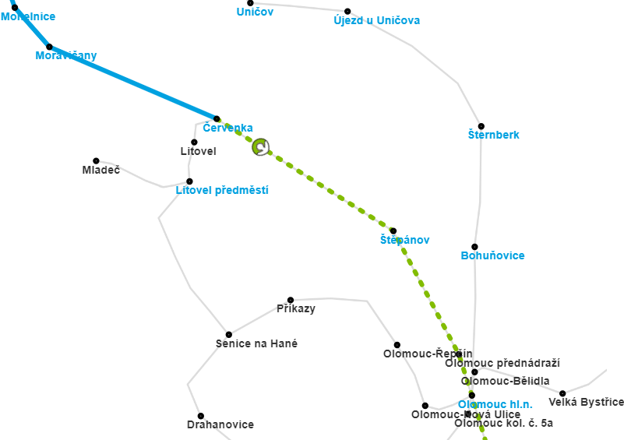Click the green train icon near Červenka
point(261,146)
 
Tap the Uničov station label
point(255,12)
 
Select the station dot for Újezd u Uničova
point(347,11)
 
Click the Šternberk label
point(493,135)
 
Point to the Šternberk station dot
point(481,126)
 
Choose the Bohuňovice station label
point(492,255)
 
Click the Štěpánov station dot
point(393,231)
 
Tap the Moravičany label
point(66,55)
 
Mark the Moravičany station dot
point(49,47)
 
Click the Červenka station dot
point(217,118)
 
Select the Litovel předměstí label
point(222,190)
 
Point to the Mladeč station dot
point(96,160)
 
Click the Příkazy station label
point(296,308)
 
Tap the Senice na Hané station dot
point(229,334)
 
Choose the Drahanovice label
point(220,424)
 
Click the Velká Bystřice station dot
point(562,393)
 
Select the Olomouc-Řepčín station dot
point(397,344)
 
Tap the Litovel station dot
point(194,142)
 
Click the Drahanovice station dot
point(200,416)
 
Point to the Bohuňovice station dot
point(474,247)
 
